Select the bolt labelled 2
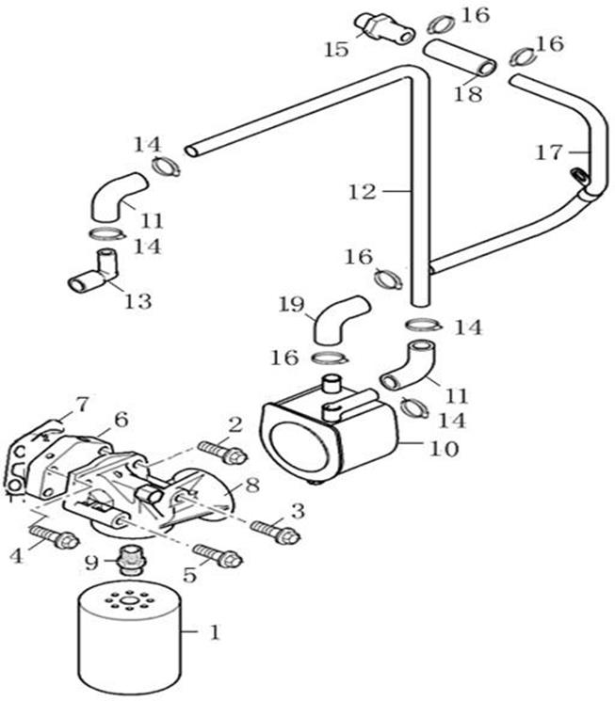[x=222, y=454]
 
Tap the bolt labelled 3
[x=275, y=533]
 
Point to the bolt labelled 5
[x=218, y=556]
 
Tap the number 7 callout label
[x=82, y=406]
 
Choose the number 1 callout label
[x=213, y=633]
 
